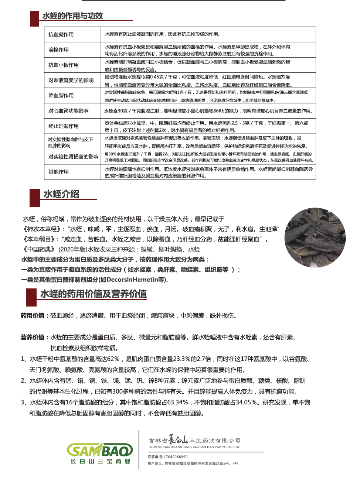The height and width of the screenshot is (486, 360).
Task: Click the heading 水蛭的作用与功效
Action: [x=72, y=16]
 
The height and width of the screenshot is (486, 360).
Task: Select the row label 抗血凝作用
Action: [x=61, y=34]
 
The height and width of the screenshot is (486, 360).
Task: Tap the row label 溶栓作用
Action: [x=58, y=49]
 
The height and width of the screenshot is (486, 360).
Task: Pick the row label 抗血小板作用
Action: [x=64, y=65]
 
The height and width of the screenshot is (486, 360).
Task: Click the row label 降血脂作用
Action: [x=61, y=95]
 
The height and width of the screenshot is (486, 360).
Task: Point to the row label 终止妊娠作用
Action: [x=64, y=126]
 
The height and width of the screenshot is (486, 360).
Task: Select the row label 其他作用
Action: [x=58, y=172]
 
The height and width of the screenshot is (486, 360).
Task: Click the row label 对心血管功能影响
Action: [x=68, y=111]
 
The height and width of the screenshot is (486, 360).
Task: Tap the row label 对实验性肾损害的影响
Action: [x=73, y=157]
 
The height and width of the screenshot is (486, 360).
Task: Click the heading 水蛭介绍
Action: [x=61, y=194]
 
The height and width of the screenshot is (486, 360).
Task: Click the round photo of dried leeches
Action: [x=315, y=237]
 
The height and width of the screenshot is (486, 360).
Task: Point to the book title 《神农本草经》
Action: [x=40, y=229]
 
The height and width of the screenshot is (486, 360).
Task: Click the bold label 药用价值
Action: [x=33, y=315]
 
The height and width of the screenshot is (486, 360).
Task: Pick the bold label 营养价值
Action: [x=33, y=337]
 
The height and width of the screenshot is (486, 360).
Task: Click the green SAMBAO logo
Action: [x=100, y=451]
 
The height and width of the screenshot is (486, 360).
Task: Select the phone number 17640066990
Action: [x=176, y=457]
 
